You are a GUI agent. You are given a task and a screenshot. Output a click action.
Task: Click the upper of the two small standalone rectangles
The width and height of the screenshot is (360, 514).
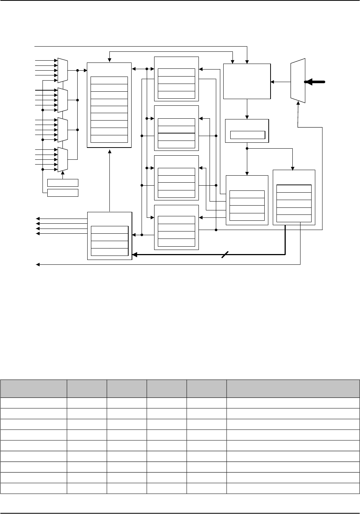coord(63,182)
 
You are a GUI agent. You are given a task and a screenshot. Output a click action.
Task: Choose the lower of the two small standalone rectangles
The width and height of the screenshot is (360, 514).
coord(63,193)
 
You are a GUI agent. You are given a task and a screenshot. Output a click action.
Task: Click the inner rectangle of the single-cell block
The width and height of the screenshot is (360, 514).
coord(248,135)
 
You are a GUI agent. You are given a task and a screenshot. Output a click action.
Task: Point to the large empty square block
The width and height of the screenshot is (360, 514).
coord(247,81)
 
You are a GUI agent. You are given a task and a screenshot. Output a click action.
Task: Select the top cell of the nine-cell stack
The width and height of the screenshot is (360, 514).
coord(109,80)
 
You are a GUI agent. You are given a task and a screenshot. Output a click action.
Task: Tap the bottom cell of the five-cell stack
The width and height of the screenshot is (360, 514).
coord(294,219)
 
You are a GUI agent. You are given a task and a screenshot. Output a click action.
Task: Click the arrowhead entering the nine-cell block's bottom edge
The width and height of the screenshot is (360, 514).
coord(109,151)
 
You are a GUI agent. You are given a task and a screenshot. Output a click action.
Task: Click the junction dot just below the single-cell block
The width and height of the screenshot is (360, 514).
coord(247,149)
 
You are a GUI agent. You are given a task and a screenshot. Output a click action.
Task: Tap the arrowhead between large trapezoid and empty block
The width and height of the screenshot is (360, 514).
coord(273,82)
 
